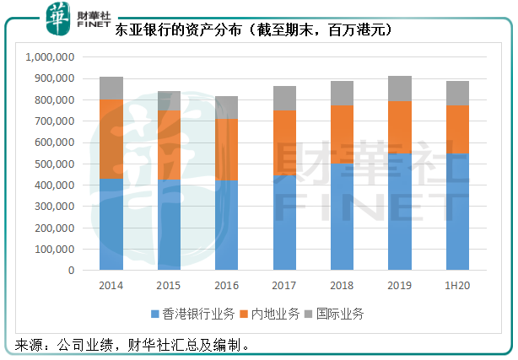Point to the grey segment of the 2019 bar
(400, 89)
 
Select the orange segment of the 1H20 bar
(457, 129)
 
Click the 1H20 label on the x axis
(457, 285)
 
